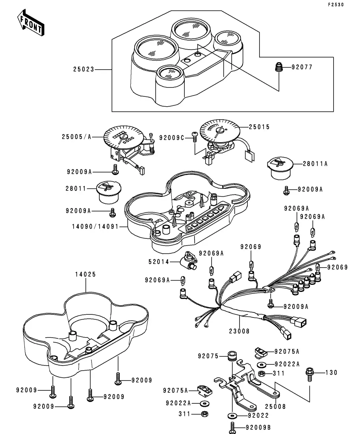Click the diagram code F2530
point(335,5)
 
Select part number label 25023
point(84,70)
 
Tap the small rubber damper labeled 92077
point(279,67)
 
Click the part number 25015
point(260,127)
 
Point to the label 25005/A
point(76,137)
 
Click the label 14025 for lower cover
point(85,274)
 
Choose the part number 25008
point(275,406)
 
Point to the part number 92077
point(302,67)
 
